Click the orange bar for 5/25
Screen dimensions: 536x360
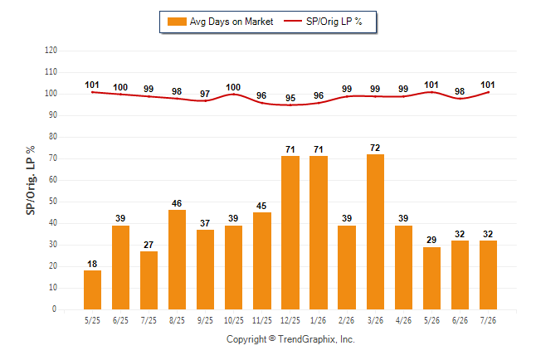tap(92, 290)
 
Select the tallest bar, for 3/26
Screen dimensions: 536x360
tap(375, 231)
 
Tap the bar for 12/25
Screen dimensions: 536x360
tap(290, 233)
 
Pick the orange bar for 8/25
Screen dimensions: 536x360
tap(177, 260)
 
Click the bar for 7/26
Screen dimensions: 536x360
tap(488, 275)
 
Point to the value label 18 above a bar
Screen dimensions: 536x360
tap(92, 264)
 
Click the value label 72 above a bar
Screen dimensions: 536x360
tap(375, 148)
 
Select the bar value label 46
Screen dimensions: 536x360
tap(177, 203)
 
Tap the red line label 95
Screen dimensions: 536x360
tap(290, 98)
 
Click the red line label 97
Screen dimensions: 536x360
tap(205, 94)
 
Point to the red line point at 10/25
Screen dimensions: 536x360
tap(233, 94)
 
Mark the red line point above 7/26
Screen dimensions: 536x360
tap(488, 92)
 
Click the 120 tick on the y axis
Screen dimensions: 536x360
tap(51, 51)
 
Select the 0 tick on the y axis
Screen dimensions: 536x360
tap(54, 309)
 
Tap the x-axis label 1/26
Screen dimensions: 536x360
tap(319, 320)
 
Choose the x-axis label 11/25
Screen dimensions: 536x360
tap(262, 320)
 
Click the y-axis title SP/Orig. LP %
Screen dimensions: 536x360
tap(31, 180)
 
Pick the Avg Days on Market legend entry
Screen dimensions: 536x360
tap(220, 22)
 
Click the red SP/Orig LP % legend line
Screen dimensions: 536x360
tap(293, 22)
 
